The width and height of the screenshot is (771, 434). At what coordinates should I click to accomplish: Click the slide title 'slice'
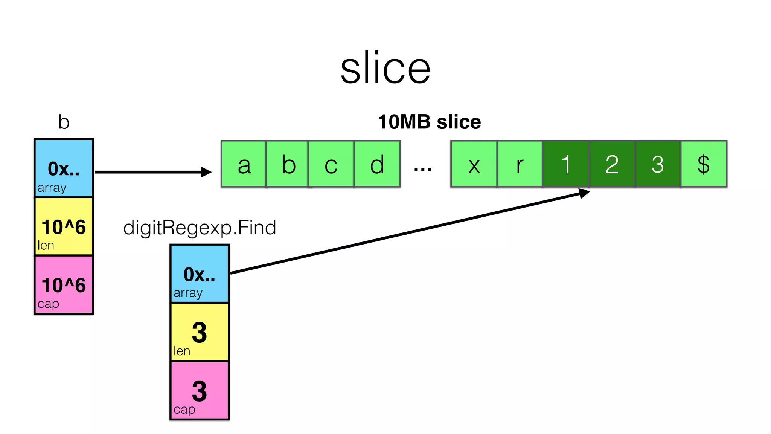tap(385, 68)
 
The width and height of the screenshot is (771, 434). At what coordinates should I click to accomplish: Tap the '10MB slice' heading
tap(429, 122)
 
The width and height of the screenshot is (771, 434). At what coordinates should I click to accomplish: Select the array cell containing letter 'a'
tap(244, 164)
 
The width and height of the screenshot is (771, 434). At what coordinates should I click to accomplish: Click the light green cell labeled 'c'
tap(331, 164)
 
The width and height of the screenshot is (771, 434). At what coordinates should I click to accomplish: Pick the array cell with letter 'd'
tap(377, 164)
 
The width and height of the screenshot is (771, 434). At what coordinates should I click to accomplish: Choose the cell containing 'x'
tap(474, 164)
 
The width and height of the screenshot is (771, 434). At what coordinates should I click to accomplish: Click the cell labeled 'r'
tap(520, 164)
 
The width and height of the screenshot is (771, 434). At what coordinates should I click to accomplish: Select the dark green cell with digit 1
tap(566, 164)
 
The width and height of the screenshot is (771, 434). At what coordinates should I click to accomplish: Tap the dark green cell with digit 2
tap(612, 164)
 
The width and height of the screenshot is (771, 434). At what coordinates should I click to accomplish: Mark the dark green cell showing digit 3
tap(658, 164)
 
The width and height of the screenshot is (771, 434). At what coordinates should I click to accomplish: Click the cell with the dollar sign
tap(704, 164)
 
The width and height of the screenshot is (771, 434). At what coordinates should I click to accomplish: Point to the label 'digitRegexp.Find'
tap(200, 228)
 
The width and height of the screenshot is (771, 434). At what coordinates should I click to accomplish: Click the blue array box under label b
tap(64, 168)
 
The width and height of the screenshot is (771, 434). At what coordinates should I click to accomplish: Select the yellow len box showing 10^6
tap(64, 226)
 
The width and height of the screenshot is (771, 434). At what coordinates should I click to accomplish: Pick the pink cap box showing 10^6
tap(64, 285)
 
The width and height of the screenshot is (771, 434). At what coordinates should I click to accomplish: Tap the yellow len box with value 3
tap(200, 332)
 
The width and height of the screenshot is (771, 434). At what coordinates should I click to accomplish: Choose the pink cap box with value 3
tap(200, 390)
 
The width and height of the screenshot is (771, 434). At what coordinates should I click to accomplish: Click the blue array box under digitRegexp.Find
tap(200, 274)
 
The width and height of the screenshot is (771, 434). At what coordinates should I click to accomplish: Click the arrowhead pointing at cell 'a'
tap(206, 172)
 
